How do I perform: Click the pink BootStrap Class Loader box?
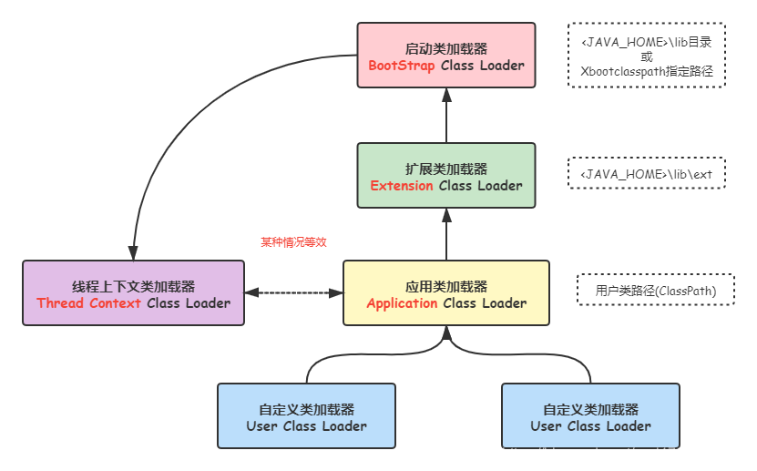[446, 56]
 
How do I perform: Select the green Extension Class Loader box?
[446, 176]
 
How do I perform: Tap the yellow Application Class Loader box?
[446, 293]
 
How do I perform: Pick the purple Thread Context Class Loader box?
[133, 293]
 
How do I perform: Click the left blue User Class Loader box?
[306, 416]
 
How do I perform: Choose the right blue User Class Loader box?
[590, 416]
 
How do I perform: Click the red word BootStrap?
[402, 66]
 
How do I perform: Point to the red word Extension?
[402, 186]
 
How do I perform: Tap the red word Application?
[402, 303]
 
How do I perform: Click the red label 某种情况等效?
[292, 241]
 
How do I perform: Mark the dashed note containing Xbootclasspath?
[646, 56]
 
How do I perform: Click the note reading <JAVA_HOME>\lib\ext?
[646, 173]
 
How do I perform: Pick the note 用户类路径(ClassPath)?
[655, 291]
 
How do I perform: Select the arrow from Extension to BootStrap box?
[446, 116]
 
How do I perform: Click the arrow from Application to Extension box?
[446, 233]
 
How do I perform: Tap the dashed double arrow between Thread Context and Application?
[293, 293]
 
